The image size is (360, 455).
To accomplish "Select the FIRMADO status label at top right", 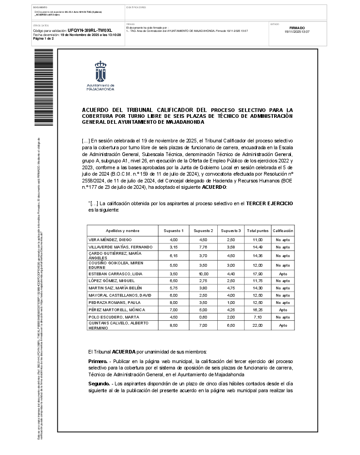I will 297,28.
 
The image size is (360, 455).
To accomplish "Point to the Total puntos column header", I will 258,231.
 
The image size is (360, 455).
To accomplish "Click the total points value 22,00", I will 258,325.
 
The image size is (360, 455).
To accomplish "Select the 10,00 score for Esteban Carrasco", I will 203,274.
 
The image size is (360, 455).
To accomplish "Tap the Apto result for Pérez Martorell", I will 283,310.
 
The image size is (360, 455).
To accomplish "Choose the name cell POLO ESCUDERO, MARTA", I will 107,317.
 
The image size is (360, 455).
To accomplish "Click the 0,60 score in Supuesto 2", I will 203,317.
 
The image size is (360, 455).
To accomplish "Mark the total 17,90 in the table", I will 258,274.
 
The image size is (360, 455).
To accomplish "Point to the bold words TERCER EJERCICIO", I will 269,203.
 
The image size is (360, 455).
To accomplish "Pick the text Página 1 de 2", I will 44,39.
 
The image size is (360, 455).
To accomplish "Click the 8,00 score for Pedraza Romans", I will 174,303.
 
